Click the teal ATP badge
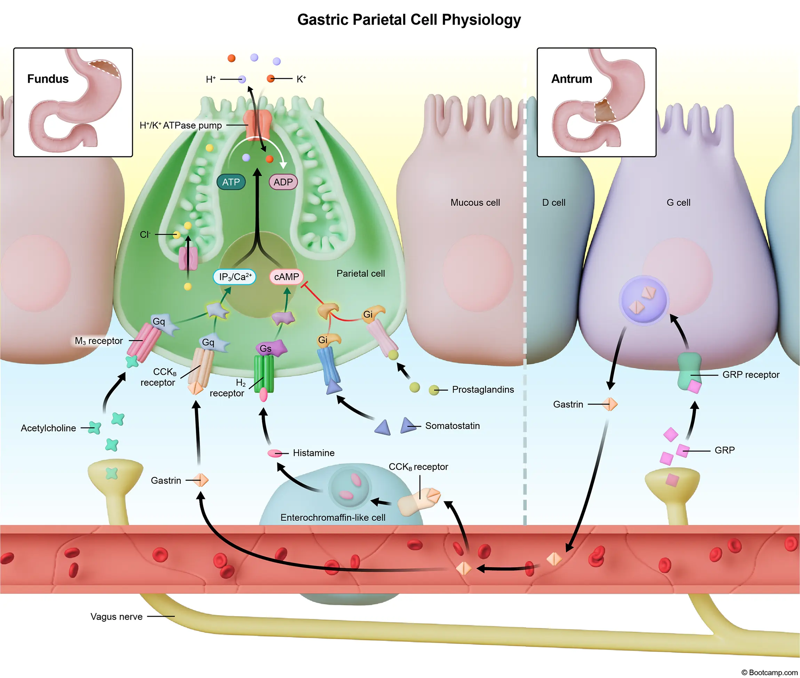tap(231, 182)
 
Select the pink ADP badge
tap(283, 182)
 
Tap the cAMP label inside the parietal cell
tap(286, 277)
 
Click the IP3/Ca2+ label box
tap(234, 277)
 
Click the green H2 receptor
tap(264, 373)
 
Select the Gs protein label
tap(265, 349)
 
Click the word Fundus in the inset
tap(48, 79)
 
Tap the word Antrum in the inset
tap(571, 79)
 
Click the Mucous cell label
tap(475, 203)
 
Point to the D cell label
tap(554, 203)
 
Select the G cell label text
tap(678, 203)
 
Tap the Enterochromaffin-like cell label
tap(333, 517)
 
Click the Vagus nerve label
tap(117, 616)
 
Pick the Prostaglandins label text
tap(482, 389)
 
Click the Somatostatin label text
tap(452, 426)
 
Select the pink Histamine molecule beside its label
tap(274, 453)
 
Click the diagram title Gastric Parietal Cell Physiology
tap(409, 19)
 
